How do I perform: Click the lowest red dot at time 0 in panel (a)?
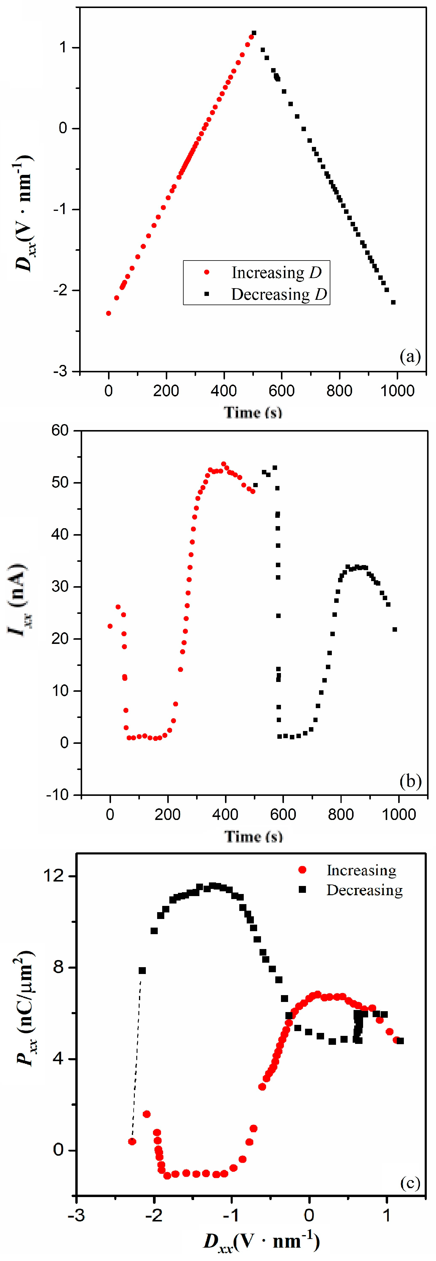[108, 313]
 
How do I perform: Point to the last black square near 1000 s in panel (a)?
[393, 302]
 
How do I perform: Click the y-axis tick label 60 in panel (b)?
[60, 430]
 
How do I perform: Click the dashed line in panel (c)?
[136, 1057]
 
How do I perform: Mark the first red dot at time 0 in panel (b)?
[110, 626]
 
